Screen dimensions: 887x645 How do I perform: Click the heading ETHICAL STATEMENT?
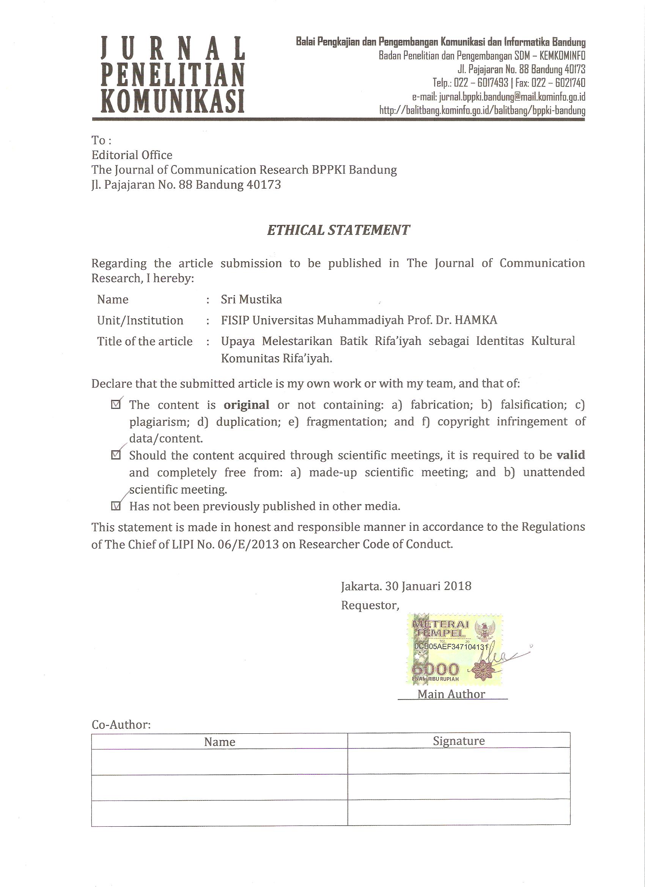point(338,230)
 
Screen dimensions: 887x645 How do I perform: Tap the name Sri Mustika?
point(251,299)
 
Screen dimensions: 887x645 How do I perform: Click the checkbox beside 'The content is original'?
point(116,404)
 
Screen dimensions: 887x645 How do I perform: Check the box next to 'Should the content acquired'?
point(116,455)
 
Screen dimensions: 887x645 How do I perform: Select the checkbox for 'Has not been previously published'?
point(116,506)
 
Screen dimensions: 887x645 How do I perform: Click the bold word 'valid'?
point(571,455)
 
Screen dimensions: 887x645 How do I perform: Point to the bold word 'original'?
point(246,404)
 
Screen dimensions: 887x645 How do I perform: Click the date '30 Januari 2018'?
point(428,586)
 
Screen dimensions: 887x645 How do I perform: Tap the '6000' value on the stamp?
point(434,670)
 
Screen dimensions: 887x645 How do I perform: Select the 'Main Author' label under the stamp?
point(451,694)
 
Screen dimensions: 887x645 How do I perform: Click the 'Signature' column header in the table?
point(458,741)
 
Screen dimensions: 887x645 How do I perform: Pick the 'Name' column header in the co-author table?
point(219,742)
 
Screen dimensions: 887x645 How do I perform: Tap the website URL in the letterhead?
point(482,110)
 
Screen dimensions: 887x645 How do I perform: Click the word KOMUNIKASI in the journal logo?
point(173,101)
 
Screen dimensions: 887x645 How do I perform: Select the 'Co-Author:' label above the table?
point(121,725)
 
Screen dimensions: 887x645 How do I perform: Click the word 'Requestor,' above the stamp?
point(370,605)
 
